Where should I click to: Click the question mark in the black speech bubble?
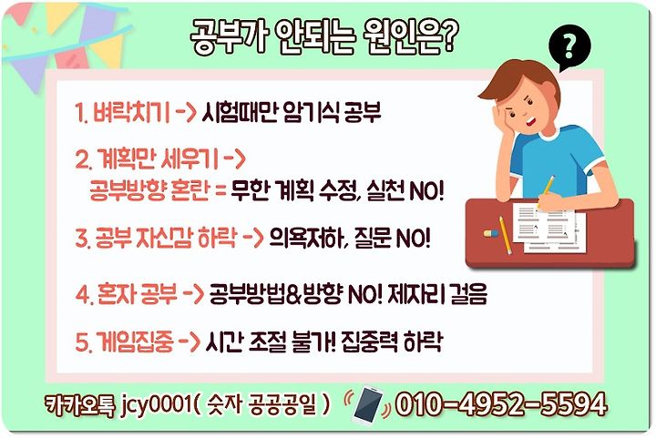[x=569, y=46]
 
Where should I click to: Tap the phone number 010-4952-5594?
[x=501, y=404]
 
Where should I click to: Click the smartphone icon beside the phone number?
[x=368, y=405]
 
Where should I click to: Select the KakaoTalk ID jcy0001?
[x=156, y=405]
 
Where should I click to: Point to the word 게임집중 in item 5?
[x=134, y=341]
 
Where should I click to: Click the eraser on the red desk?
[x=491, y=233]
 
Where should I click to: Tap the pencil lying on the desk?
[x=505, y=235]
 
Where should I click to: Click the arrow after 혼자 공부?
[x=193, y=294]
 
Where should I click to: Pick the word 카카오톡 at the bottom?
[x=79, y=405]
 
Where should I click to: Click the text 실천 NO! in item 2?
[x=405, y=191]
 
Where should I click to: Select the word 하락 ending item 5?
[x=423, y=341]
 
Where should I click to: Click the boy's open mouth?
[x=530, y=122]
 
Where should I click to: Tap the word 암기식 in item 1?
[x=311, y=112]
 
